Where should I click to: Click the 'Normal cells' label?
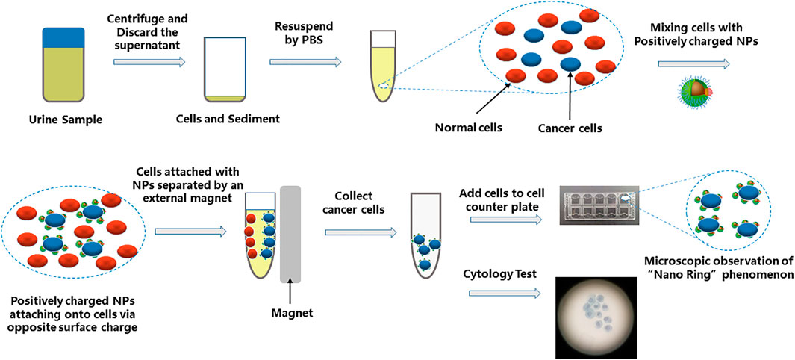[x=468, y=128]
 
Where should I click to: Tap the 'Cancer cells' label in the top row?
[x=570, y=128]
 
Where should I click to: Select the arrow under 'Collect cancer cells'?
[x=361, y=232]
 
